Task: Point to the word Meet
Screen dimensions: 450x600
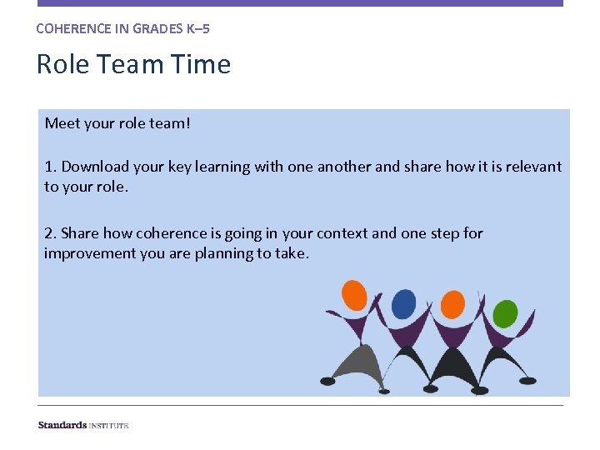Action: point(62,123)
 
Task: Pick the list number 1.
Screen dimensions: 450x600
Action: point(49,167)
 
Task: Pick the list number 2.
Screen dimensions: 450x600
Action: point(49,233)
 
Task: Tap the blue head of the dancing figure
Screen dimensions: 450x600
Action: point(404,303)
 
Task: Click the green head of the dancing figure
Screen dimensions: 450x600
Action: point(505,313)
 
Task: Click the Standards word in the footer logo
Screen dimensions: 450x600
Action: point(62,425)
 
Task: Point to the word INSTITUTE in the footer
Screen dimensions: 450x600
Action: point(109,425)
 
